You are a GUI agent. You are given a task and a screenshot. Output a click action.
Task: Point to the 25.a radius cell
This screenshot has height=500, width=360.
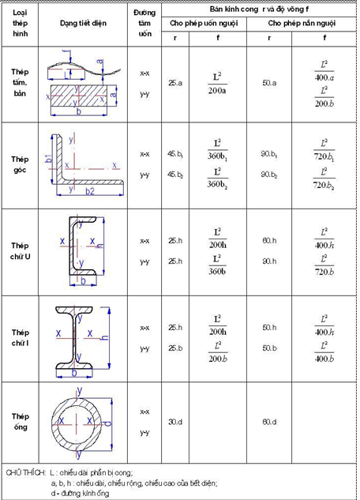tap(174, 82)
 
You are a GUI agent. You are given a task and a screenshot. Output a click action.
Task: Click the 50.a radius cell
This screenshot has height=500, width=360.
tap(270, 82)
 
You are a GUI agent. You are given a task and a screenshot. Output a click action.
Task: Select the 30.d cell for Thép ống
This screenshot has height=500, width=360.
tap(174, 421)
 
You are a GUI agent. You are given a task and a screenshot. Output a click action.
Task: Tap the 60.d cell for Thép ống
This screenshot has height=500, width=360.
tap(270, 421)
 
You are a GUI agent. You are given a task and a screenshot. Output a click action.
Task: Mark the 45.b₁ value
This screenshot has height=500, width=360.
tap(174, 155)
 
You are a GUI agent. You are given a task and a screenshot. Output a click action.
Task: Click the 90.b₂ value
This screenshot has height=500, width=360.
tap(270, 175)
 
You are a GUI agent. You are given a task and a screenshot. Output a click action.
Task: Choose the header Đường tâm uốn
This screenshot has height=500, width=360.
tap(144, 24)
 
